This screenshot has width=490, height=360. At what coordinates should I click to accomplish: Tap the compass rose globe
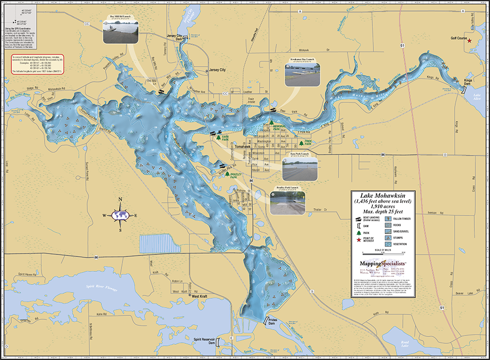tap(120, 215)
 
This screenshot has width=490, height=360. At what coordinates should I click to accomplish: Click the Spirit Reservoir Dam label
tap(204, 341)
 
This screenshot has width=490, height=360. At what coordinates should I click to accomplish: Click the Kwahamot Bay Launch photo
tap(301, 71)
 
